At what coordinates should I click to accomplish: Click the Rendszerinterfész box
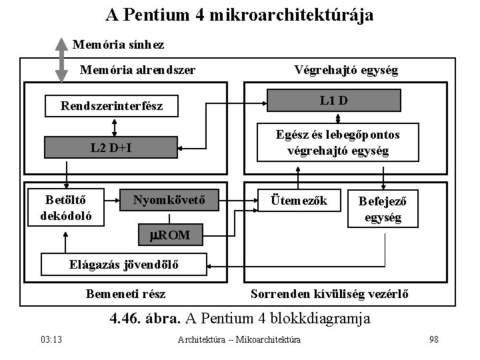click(x=111, y=106)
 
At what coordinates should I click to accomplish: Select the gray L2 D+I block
click(x=111, y=147)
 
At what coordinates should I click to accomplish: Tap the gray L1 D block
click(x=334, y=101)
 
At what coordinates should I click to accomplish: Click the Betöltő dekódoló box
click(x=66, y=207)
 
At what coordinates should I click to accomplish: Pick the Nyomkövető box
click(x=169, y=200)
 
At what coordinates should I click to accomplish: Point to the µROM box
click(x=171, y=235)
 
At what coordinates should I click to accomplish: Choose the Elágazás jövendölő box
click(x=124, y=264)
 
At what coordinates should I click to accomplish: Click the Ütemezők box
click(x=299, y=200)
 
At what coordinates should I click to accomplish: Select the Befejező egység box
click(x=383, y=209)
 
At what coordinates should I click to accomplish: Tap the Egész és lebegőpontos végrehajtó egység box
click(x=337, y=143)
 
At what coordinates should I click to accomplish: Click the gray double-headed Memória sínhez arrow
click(x=61, y=60)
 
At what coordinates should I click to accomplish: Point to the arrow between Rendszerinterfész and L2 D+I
click(x=114, y=127)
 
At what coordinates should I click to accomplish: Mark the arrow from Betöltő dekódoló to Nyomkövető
click(x=112, y=201)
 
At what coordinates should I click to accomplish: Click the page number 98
click(x=434, y=339)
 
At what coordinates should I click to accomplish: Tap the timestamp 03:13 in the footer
click(x=51, y=339)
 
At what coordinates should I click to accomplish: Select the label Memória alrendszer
click(x=137, y=70)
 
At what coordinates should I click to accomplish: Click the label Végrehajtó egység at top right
click(x=346, y=70)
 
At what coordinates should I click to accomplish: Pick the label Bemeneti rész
click(x=125, y=294)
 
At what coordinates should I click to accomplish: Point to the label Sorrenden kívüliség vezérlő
click(x=329, y=294)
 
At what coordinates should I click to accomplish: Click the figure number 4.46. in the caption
click(x=125, y=319)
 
